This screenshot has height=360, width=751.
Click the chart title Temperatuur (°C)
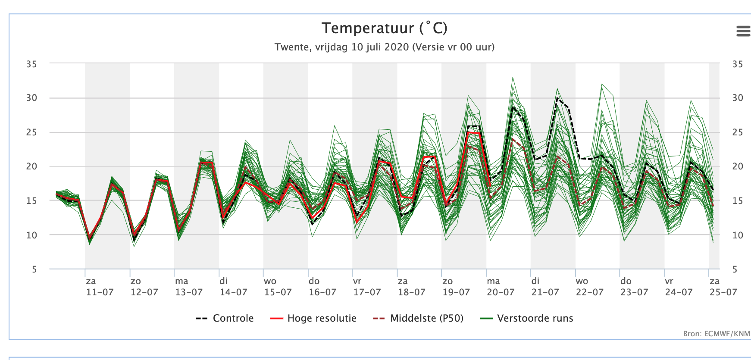385,28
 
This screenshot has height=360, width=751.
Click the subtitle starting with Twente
385,47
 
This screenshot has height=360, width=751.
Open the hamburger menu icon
743,31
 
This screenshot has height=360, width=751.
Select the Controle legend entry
225,318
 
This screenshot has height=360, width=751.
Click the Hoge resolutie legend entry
313,318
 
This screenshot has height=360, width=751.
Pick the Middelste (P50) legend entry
418,318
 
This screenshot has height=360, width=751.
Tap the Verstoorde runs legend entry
527,318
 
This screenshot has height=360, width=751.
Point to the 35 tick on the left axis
31,64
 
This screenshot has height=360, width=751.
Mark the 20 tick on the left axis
31,166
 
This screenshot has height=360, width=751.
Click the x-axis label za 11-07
100,287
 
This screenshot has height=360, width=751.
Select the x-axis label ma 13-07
189,287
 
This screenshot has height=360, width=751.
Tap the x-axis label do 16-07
322,287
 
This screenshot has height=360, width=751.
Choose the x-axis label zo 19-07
456,287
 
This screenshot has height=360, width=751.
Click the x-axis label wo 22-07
590,287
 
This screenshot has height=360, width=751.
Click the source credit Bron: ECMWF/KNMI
717,334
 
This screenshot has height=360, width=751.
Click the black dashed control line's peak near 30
557,98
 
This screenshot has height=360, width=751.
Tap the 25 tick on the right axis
738,132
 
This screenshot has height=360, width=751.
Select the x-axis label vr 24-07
679,287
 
